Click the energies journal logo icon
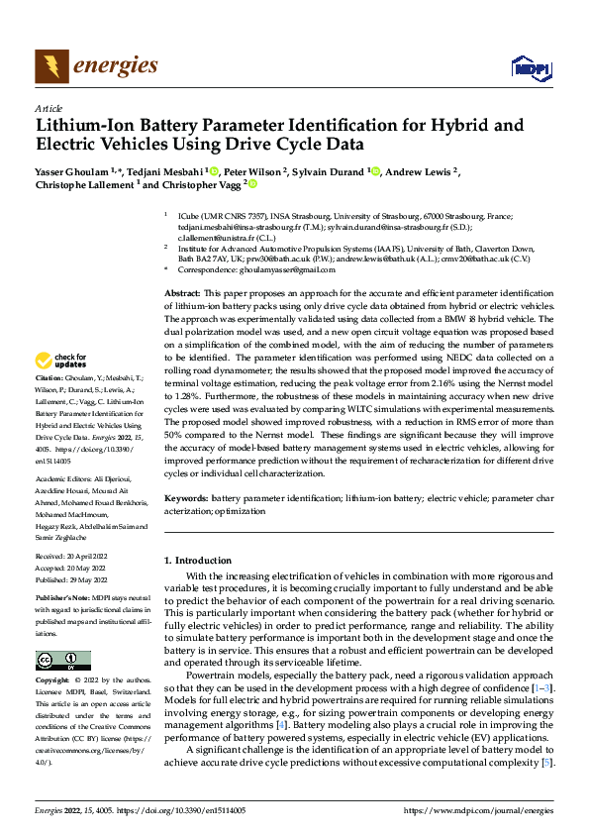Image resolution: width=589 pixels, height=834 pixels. click(49, 66)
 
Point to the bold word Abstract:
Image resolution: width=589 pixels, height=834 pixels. click(181, 294)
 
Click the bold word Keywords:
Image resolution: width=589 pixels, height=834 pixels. click(186, 497)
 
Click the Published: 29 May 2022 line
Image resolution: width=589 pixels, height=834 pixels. click(74, 580)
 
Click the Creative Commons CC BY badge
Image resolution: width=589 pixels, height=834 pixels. click(62, 661)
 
